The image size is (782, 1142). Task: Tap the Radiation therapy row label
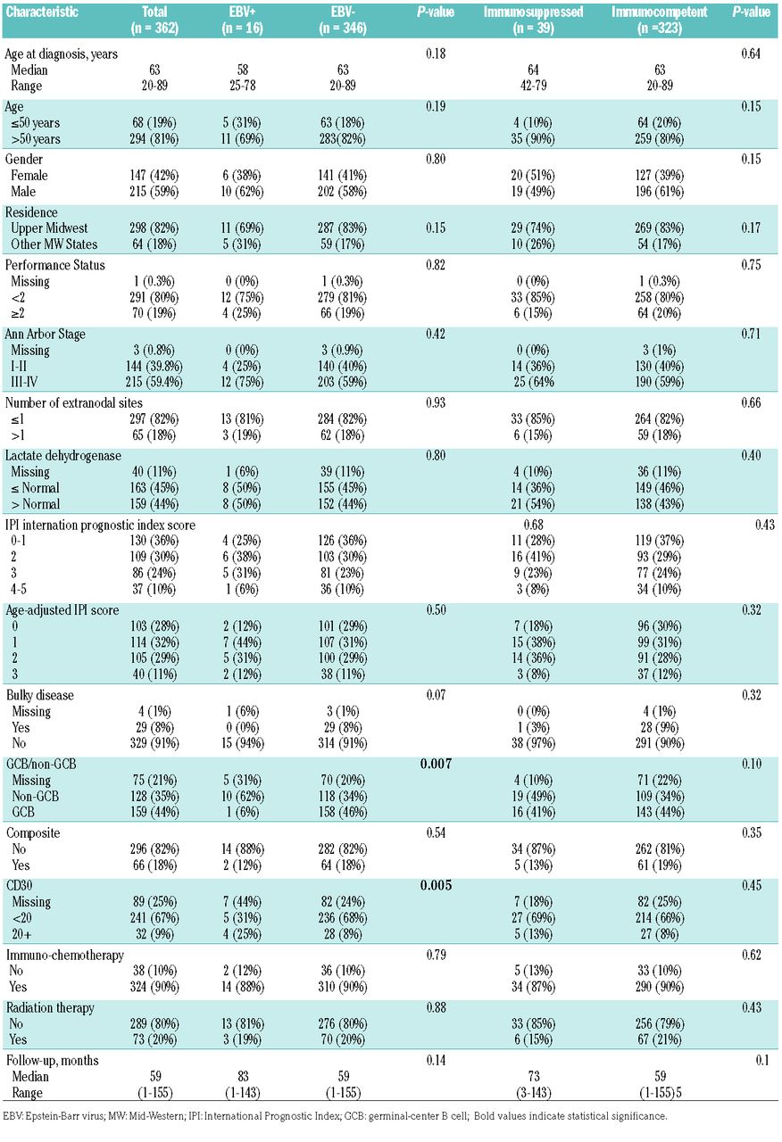tap(52, 1006)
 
